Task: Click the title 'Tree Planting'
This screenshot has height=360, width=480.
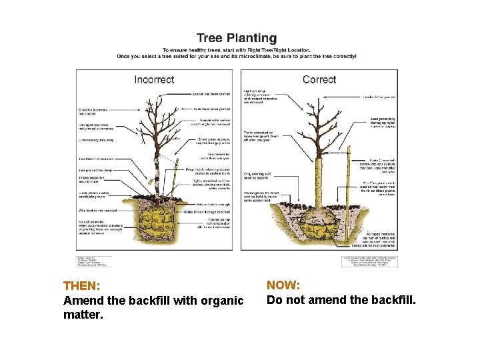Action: pos(236,39)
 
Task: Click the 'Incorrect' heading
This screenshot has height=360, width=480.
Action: pos(154,79)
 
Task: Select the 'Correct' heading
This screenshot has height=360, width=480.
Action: pos(319,79)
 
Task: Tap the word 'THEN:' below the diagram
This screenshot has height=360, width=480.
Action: pos(81,286)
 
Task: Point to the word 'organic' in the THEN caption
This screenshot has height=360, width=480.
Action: pos(223,301)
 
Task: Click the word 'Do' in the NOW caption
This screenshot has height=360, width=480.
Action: pos(274,300)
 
